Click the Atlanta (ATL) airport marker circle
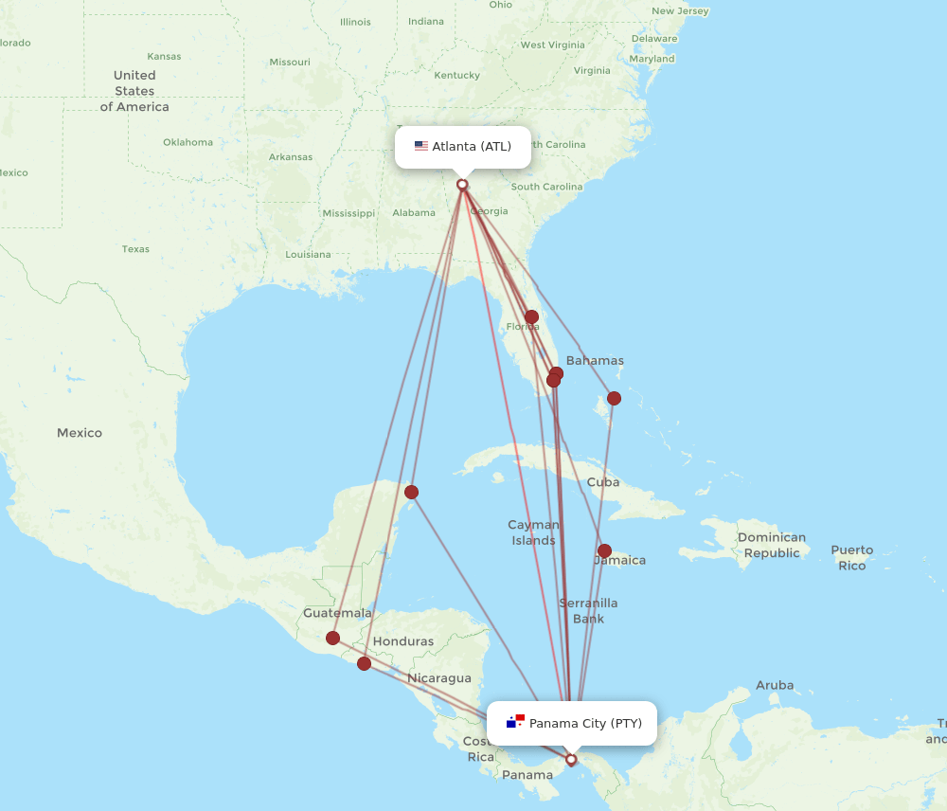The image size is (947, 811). point(462,185)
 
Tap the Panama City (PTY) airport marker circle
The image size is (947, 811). point(571,759)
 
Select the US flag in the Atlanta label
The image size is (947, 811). point(421,146)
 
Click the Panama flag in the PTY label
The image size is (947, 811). point(515,723)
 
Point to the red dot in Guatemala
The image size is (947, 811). point(332,638)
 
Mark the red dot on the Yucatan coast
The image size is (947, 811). point(411,492)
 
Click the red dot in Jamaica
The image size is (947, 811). point(604,550)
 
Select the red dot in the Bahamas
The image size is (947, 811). point(614,398)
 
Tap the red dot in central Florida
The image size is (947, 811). point(531,316)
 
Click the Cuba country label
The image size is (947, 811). point(603,481)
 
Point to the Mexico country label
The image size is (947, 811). point(80,433)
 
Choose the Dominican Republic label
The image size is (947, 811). point(772,545)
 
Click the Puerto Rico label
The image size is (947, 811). point(851,557)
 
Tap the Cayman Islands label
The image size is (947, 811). point(533,532)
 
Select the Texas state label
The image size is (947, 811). point(135,249)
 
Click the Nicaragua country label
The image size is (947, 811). point(439,678)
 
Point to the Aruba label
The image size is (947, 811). point(775,685)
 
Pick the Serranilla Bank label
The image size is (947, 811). point(588,610)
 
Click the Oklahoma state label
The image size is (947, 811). point(188,142)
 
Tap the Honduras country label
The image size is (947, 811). point(402,641)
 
